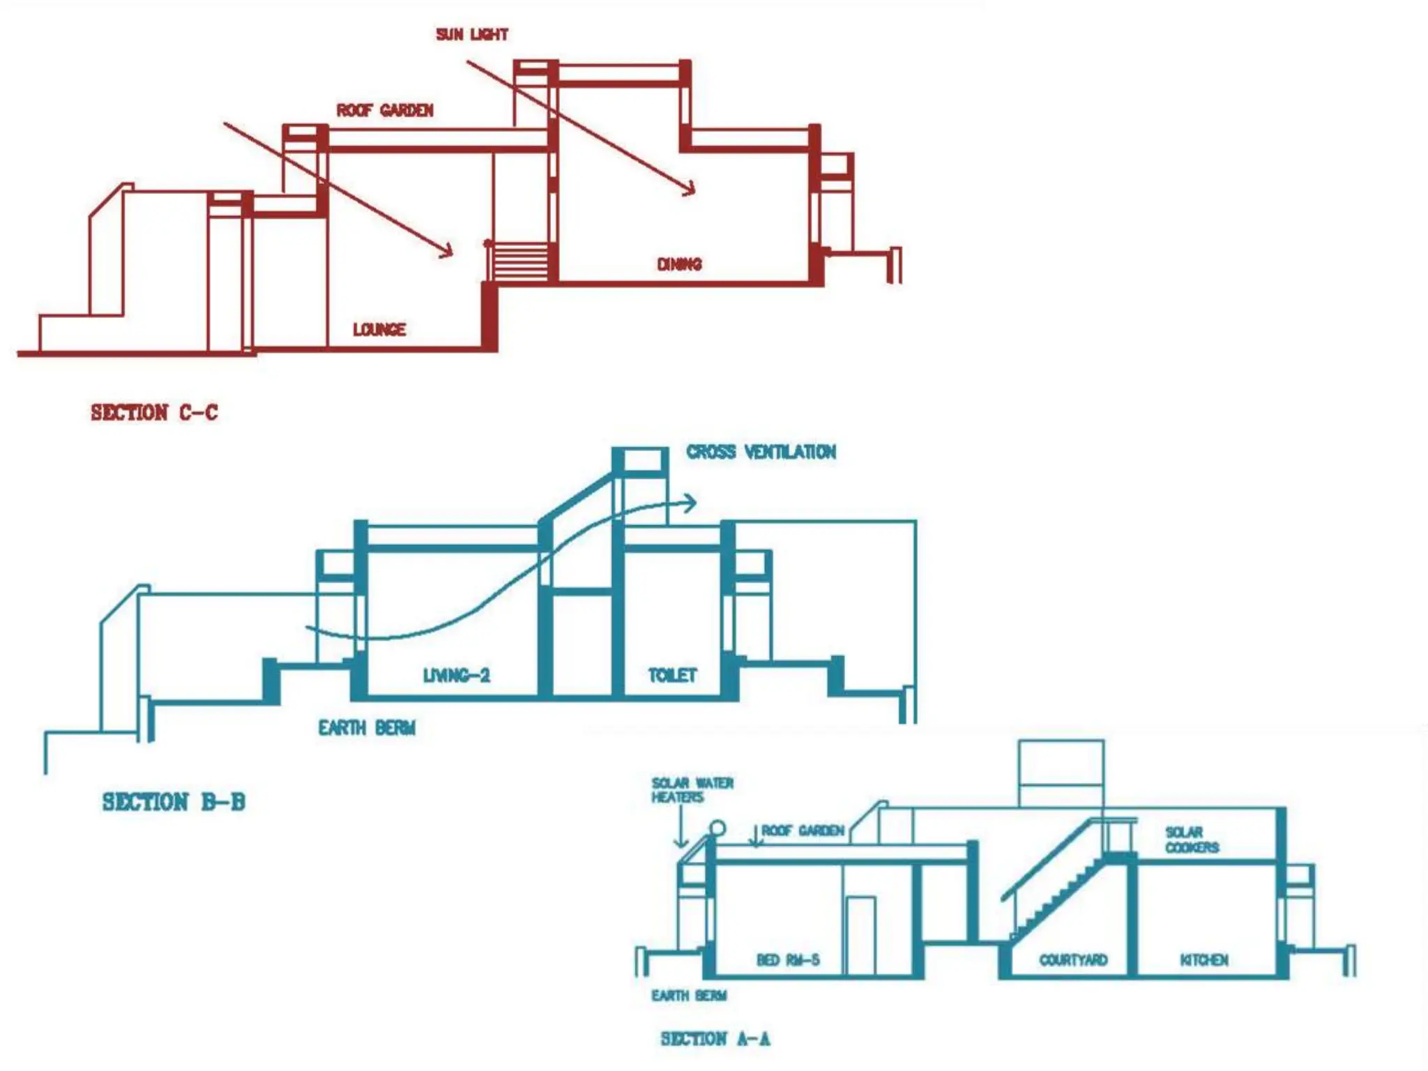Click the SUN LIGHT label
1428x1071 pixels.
472,34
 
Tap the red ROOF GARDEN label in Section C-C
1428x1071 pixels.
385,110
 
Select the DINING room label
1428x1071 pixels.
679,264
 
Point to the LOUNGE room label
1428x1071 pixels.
379,329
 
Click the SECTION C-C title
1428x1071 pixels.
154,413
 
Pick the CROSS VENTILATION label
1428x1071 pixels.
761,452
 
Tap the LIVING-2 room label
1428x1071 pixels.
457,675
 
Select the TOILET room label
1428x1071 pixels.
672,675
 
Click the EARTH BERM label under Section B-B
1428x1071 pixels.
367,728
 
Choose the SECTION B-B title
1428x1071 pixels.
174,802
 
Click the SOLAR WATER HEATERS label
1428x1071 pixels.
692,790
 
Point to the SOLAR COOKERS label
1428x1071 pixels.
1192,840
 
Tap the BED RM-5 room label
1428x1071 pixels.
788,960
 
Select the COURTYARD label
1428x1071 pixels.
1073,960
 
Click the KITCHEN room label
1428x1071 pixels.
1204,960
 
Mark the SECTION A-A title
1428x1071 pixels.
715,1039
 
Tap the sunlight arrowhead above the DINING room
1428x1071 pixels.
690,190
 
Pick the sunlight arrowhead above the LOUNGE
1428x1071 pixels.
448,251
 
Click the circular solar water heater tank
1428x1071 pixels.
717,828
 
